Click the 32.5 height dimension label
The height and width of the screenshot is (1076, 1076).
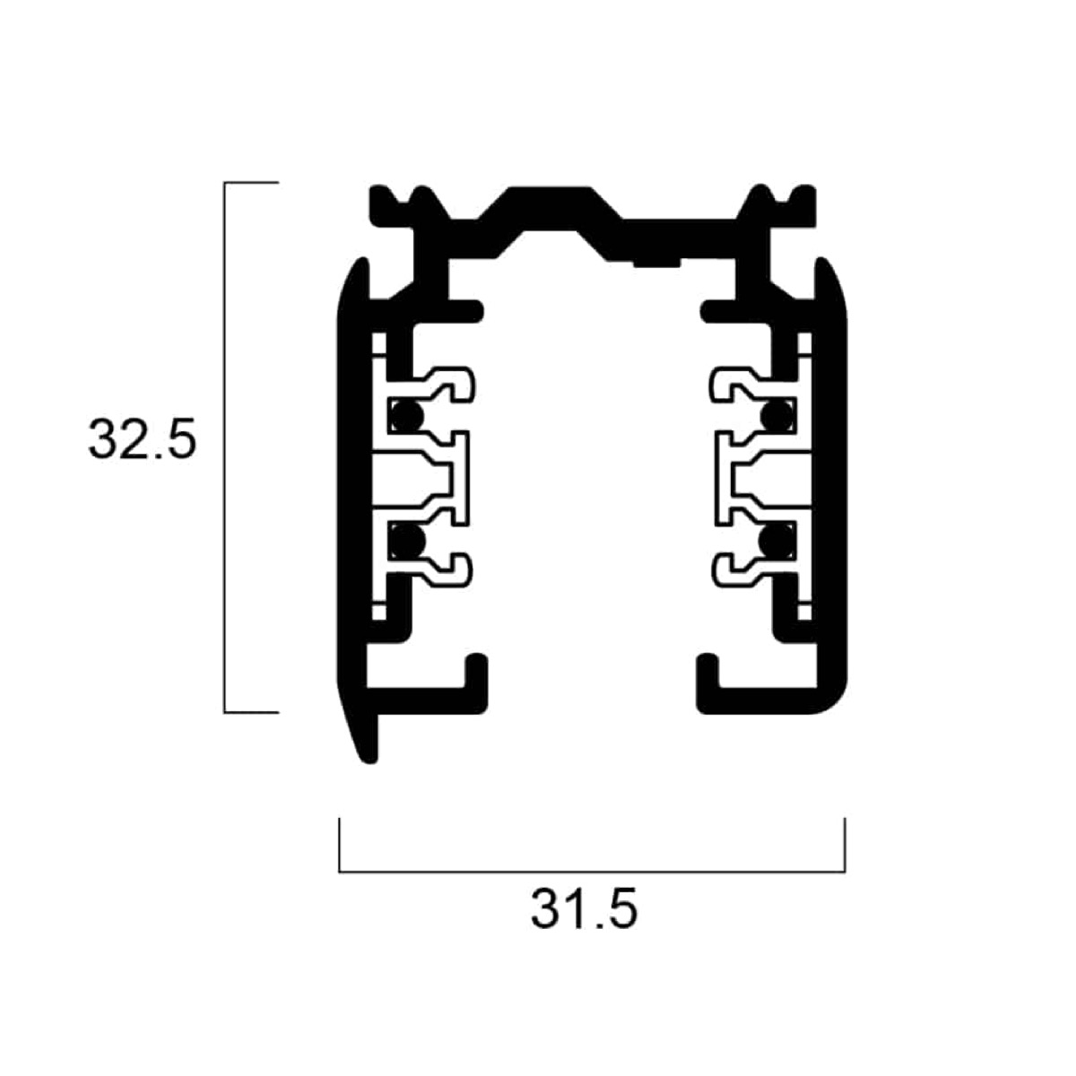tap(143, 438)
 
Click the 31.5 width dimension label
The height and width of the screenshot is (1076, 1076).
tap(584, 908)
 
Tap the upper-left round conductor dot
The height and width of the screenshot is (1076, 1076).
tap(406, 416)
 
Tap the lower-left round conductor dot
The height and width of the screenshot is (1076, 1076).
tap(408, 541)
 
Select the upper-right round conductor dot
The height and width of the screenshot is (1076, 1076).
tap(777, 416)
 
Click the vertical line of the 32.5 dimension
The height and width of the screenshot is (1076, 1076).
tap(224, 447)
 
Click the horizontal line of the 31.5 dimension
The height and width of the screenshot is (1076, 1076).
tap(592, 871)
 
